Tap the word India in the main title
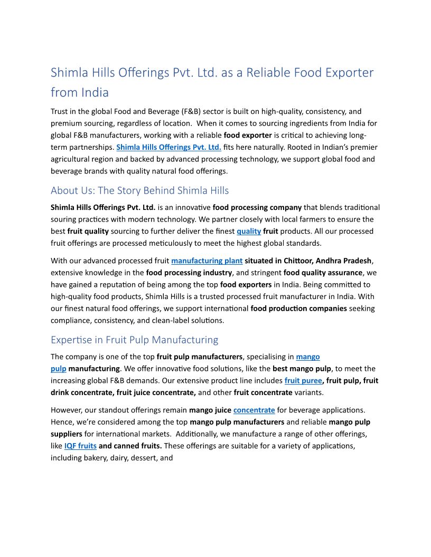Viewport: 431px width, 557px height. pyautogui.click(x=95, y=92)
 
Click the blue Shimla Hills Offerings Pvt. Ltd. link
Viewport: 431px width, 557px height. pyautogui.click(x=168, y=147)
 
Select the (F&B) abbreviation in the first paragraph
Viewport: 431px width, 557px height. pyautogui.click(x=187, y=111)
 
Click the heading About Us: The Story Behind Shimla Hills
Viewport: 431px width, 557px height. pyautogui.click(x=139, y=190)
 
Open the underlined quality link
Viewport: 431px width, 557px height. pyautogui.click(x=249, y=231)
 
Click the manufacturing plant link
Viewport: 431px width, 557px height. pyautogui.click(x=207, y=261)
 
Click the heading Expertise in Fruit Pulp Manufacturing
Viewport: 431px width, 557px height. pyautogui.click(x=134, y=340)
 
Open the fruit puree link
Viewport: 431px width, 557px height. pyautogui.click(x=303, y=380)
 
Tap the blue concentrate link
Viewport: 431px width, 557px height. pyautogui.click(x=254, y=410)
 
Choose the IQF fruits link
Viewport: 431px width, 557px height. pyautogui.click(x=80, y=446)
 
